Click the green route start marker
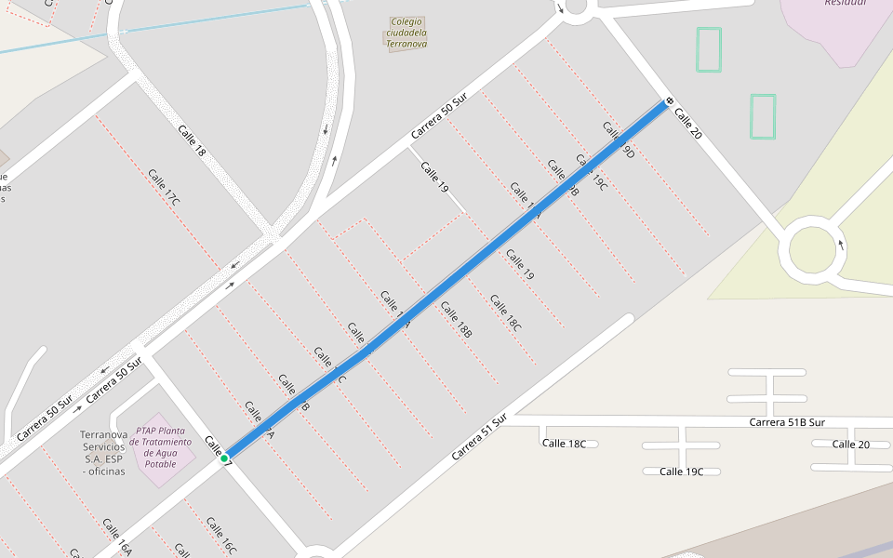[224, 458]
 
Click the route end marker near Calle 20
[669, 100]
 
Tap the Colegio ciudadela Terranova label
[407, 33]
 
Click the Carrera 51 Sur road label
[479, 438]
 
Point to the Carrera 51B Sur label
[787, 422]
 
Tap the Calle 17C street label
[164, 187]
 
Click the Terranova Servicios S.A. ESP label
[103, 453]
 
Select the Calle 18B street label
[457, 319]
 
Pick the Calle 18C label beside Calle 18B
[505, 312]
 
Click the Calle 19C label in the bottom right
[681, 472]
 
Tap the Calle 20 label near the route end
[687, 124]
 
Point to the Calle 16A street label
[117, 537]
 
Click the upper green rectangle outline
[709, 49]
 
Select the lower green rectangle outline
[763, 116]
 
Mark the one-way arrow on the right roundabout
[842, 244]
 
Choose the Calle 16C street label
[221, 536]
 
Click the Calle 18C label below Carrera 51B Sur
[564, 444]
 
